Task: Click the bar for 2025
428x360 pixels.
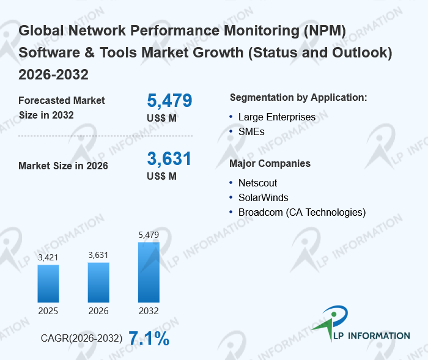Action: (48, 283)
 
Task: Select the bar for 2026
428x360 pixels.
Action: (98, 282)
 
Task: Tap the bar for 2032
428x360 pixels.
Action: (149, 272)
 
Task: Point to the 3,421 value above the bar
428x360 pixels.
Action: (48, 257)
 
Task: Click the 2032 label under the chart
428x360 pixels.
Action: (149, 311)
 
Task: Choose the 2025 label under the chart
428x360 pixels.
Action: (48, 311)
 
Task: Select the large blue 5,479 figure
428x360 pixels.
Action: (169, 101)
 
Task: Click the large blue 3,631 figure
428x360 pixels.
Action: (169, 159)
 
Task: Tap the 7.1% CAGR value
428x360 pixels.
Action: (149, 339)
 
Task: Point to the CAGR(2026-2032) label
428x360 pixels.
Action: (81, 339)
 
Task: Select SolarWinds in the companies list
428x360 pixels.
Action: (263, 197)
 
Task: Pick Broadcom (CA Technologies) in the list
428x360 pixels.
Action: (301, 212)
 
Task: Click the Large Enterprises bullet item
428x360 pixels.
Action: (277, 117)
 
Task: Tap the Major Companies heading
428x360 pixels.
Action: (270, 164)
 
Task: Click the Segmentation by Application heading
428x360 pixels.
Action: (298, 98)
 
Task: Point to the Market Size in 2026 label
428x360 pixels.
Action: (64, 166)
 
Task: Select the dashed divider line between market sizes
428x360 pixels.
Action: (105, 136)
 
